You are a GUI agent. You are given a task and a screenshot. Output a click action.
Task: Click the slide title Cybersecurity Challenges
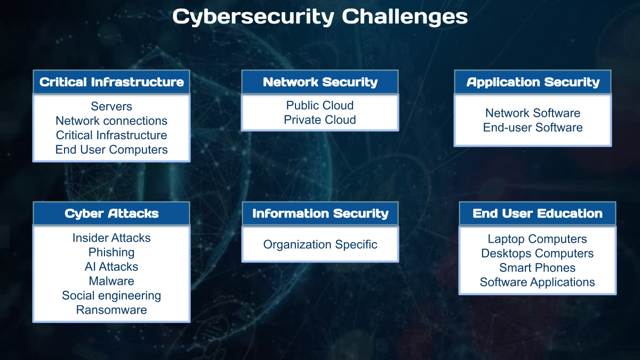coord(320,17)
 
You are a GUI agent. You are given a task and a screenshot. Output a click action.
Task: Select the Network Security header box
coord(320,82)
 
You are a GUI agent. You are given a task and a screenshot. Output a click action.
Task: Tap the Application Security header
coord(533,82)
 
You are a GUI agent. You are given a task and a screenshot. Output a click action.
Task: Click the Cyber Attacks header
coord(111,213)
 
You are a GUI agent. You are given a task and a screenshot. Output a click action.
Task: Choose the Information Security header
coord(321,213)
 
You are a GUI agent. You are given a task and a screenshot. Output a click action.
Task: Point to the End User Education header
coord(538,213)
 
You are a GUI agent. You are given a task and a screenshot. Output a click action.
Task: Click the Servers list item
coord(111,106)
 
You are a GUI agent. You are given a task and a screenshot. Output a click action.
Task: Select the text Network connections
coord(111,121)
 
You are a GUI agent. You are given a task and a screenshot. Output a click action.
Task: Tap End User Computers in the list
coord(111,150)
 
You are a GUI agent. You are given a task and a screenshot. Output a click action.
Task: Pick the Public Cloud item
coord(320,106)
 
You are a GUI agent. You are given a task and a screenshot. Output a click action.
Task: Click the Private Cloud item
coord(320,119)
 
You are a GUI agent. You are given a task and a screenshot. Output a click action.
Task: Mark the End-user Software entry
coord(533,127)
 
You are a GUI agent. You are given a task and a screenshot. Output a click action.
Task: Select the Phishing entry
coord(111,252)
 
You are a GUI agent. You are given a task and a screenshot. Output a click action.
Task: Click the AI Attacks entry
coord(111,267)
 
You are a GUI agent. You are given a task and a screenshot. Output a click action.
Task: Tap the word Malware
coord(111,281)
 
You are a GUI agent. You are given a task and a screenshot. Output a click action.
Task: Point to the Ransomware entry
coord(111,310)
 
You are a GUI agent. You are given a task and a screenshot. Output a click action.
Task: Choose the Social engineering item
coord(111,295)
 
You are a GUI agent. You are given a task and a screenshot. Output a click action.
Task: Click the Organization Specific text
coord(321,245)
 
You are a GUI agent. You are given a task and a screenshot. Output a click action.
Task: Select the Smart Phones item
coord(538,268)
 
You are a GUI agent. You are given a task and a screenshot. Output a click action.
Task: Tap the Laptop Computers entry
coord(538,239)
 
